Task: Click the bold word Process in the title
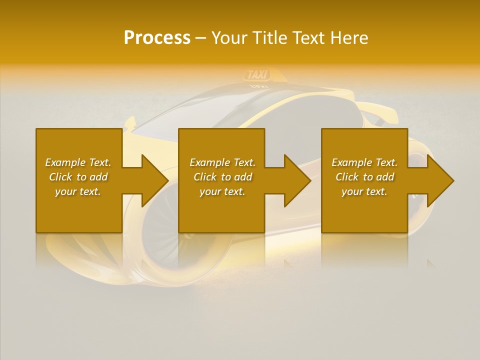[x=157, y=38]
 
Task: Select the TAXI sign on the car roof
[x=257, y=74]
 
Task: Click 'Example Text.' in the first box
[x=78, y=162]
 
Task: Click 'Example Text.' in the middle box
[x=222, y=162]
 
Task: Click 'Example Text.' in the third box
[x=364, y=162]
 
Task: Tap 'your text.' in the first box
[x=78, y=191]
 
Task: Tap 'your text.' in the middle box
[x=222, y=191]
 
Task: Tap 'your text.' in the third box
[x=364, y=191]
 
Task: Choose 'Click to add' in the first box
[x=78, y=177]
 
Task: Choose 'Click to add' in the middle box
[x=222, y=177]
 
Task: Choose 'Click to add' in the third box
[x=364, y=177]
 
